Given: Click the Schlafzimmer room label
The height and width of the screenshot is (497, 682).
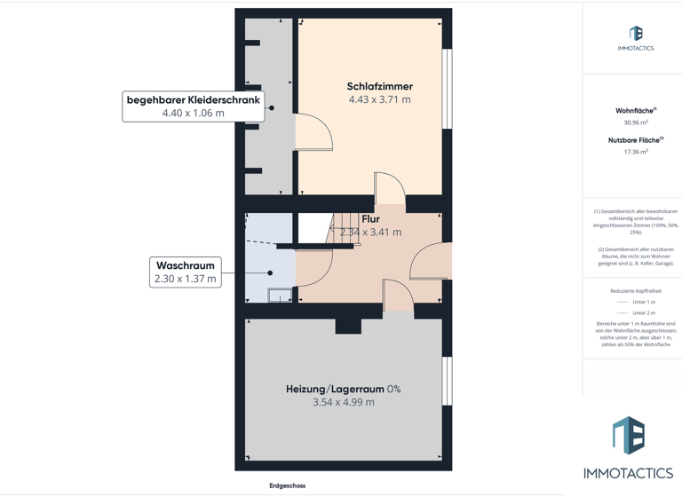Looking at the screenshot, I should [x=379, y=86].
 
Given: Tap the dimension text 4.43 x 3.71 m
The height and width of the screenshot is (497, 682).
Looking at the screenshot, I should [x=379, y=100].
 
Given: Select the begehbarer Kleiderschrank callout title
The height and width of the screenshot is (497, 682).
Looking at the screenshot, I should [x=193, y=100].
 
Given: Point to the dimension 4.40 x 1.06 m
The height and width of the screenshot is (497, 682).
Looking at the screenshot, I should [x=193, y=114].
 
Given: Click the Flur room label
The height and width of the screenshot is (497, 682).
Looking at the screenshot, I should [x=370, y=219].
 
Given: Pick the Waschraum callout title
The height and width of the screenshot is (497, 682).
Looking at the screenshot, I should [x=185, y=265].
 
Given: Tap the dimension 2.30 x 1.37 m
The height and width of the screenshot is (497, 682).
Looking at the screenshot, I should [x=185, y=280].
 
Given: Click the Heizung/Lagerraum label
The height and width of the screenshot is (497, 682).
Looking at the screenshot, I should [x=343, y=389].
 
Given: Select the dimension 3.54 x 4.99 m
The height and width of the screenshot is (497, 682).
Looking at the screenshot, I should [x=343, y=402].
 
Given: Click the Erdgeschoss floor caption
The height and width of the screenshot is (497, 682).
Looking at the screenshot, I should [x=287, y=485].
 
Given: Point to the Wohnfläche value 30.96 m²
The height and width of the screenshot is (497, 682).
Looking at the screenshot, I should [x=635, y=122].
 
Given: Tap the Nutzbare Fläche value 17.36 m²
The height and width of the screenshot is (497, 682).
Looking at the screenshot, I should [x=635, y=152].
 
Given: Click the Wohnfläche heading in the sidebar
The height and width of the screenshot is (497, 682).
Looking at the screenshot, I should [x=635, y=111].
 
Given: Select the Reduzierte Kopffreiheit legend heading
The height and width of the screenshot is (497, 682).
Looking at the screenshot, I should [x=635, y=291].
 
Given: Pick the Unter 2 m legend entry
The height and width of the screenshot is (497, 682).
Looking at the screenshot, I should [x=643, y=312].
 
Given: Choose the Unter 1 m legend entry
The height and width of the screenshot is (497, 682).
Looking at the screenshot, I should [x=643, y=302].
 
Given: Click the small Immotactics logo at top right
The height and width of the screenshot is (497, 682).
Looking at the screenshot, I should [x=635, y=35].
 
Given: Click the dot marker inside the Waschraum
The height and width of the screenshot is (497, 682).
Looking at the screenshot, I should [x=271, y=272].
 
